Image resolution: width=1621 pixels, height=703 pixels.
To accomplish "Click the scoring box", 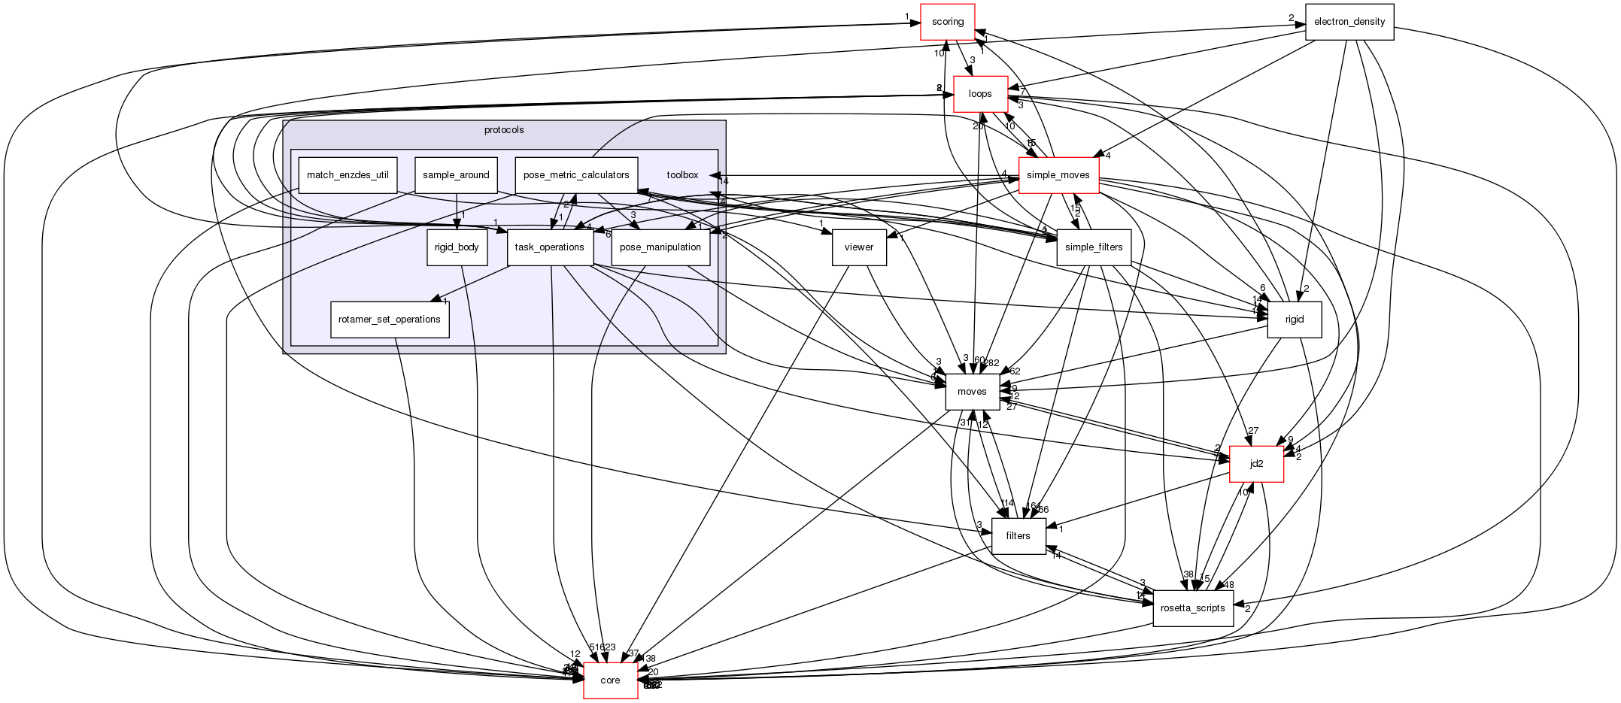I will [x=948, y=22].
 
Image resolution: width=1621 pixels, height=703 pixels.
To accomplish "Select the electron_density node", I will [x=1349, y=22].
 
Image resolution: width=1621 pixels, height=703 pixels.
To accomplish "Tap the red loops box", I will [x=980, y=94].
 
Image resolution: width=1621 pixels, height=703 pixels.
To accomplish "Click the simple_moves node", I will [x=1058, y=175].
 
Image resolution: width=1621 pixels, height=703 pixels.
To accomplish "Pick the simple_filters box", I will [x=1094, y=247].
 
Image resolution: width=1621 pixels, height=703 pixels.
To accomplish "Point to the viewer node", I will [x=858, y=247].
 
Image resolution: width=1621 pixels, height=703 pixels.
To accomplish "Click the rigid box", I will [x=1294, y=320].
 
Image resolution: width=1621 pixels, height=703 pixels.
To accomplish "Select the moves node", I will [x=972, y=392].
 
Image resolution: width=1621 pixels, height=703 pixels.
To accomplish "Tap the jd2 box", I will [x=1256, y=464].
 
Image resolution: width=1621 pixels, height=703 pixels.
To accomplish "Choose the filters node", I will [x=1018, y=536].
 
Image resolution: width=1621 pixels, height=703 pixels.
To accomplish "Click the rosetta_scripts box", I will [x=1193, y=608].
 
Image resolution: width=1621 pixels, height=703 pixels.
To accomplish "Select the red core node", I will [x=610, y=680].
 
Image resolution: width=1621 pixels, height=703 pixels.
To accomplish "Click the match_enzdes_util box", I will [x=348, y=175].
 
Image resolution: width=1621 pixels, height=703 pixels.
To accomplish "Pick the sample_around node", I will [x=456, y=175].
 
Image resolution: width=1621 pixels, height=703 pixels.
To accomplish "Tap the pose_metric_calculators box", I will [x=576, y=175].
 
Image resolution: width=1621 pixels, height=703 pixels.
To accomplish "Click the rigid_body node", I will [x=457, y=247].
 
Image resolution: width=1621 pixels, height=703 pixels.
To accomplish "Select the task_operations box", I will [x=550, y=247].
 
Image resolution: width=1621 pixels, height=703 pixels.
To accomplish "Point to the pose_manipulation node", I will [x=660, y=247].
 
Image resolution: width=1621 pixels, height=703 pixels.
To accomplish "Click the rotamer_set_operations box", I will [x=390, y=320].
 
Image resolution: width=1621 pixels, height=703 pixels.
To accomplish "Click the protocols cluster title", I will [x=504, y=130].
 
